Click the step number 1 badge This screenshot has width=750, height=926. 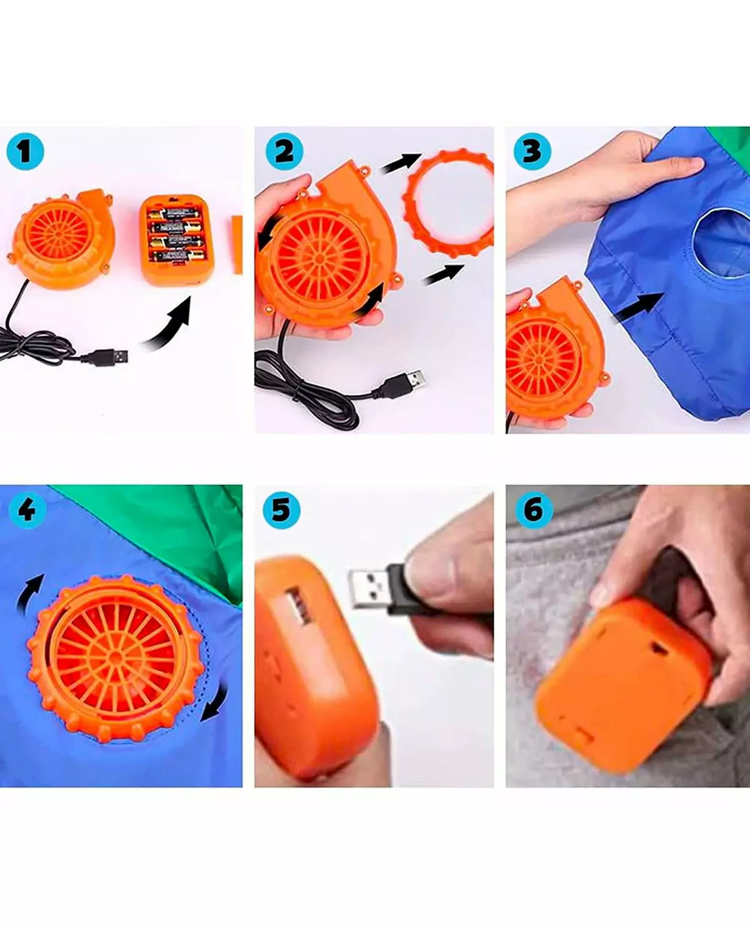click(x=25, y=151)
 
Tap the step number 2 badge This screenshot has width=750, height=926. click(x=284, y=151)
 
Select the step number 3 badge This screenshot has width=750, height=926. click(x=532, y=151)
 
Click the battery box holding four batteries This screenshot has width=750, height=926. click(x=176, y=240)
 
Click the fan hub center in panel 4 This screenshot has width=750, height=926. click(x=115, y=657)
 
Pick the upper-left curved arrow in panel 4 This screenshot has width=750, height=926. click(x=29, y=594)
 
